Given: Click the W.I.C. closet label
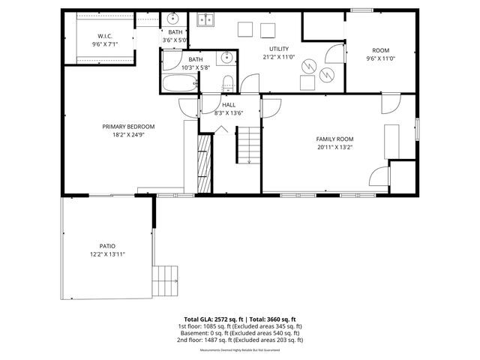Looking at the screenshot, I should [x=105, y=36].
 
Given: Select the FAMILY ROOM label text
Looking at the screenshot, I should [x=334, y=139].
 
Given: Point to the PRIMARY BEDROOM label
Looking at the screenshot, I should [x=128, y=126].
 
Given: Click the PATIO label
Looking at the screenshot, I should [x=107, y=246].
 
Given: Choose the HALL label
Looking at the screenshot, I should [x=229, y=105].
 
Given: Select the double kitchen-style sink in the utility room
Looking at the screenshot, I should [x=205, y=20].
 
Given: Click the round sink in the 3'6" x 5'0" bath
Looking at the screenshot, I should [x=172, y=19].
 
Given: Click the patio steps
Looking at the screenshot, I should [x=166, y=281].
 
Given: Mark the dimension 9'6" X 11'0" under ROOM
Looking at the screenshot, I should [x=379, y=58].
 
